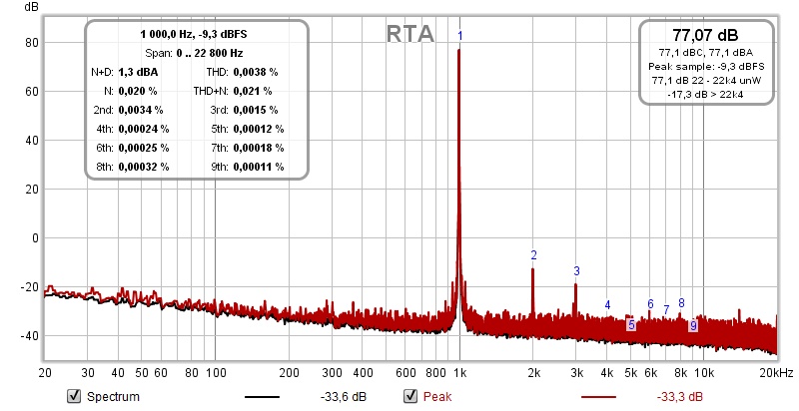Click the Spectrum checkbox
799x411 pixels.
(x=73, y=397)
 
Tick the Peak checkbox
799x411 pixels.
(x=410, y=397)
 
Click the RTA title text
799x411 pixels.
(x=409, y=34)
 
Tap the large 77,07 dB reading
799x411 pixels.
(x=706, y=34)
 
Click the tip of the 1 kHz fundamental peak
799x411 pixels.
(x=459, y=50)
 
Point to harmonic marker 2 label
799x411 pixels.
(x=533, y=255)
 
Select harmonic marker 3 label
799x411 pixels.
(x=576, y=270)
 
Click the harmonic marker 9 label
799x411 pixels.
(x=692, y=325)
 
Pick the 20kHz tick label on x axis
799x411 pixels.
(x=776, y=372)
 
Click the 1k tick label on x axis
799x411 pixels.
(x=459, y=372)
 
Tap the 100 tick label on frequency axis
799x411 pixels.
(x=216, y=372)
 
